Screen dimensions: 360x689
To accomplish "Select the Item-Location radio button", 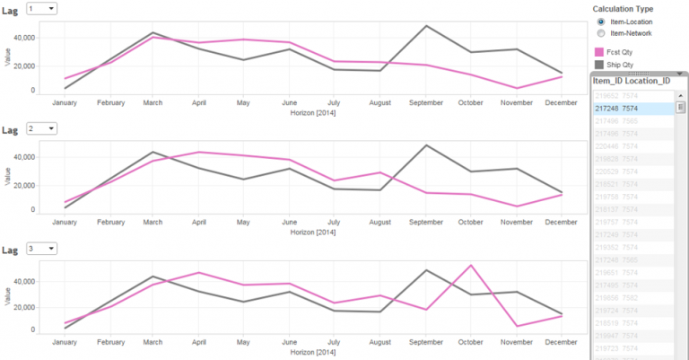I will tap(601, 22).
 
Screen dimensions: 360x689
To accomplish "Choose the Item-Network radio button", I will tap(601, 32).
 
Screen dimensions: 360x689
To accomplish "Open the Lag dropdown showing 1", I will tap(42, 8).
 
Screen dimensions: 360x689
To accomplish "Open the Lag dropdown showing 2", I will tap(42, 128).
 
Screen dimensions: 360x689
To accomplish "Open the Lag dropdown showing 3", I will tap(42, 249).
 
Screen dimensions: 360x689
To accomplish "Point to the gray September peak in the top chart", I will tap(426, 26).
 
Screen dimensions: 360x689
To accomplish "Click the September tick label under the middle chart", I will tap(425, 221).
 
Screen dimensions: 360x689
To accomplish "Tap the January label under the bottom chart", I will tap(65, 342).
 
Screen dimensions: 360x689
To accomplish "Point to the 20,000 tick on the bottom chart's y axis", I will tap(23, 306).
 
